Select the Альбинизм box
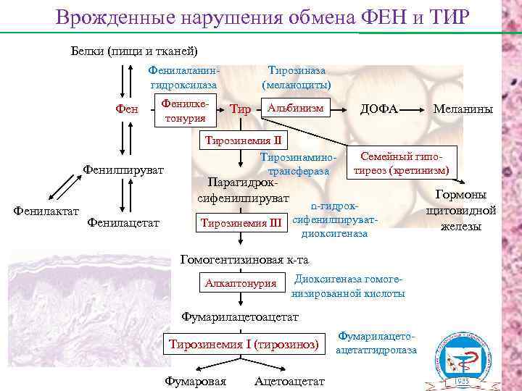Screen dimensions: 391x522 [294, 109]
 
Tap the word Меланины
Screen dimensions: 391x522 [463, 109]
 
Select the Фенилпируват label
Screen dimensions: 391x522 [123, 170]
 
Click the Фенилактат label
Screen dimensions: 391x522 [46, 210]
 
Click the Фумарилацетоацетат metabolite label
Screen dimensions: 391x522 [239, 316]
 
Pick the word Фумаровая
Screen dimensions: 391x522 [196, 381]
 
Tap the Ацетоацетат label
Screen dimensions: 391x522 [290, 381]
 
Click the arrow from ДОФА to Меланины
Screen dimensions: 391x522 [415, 109]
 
